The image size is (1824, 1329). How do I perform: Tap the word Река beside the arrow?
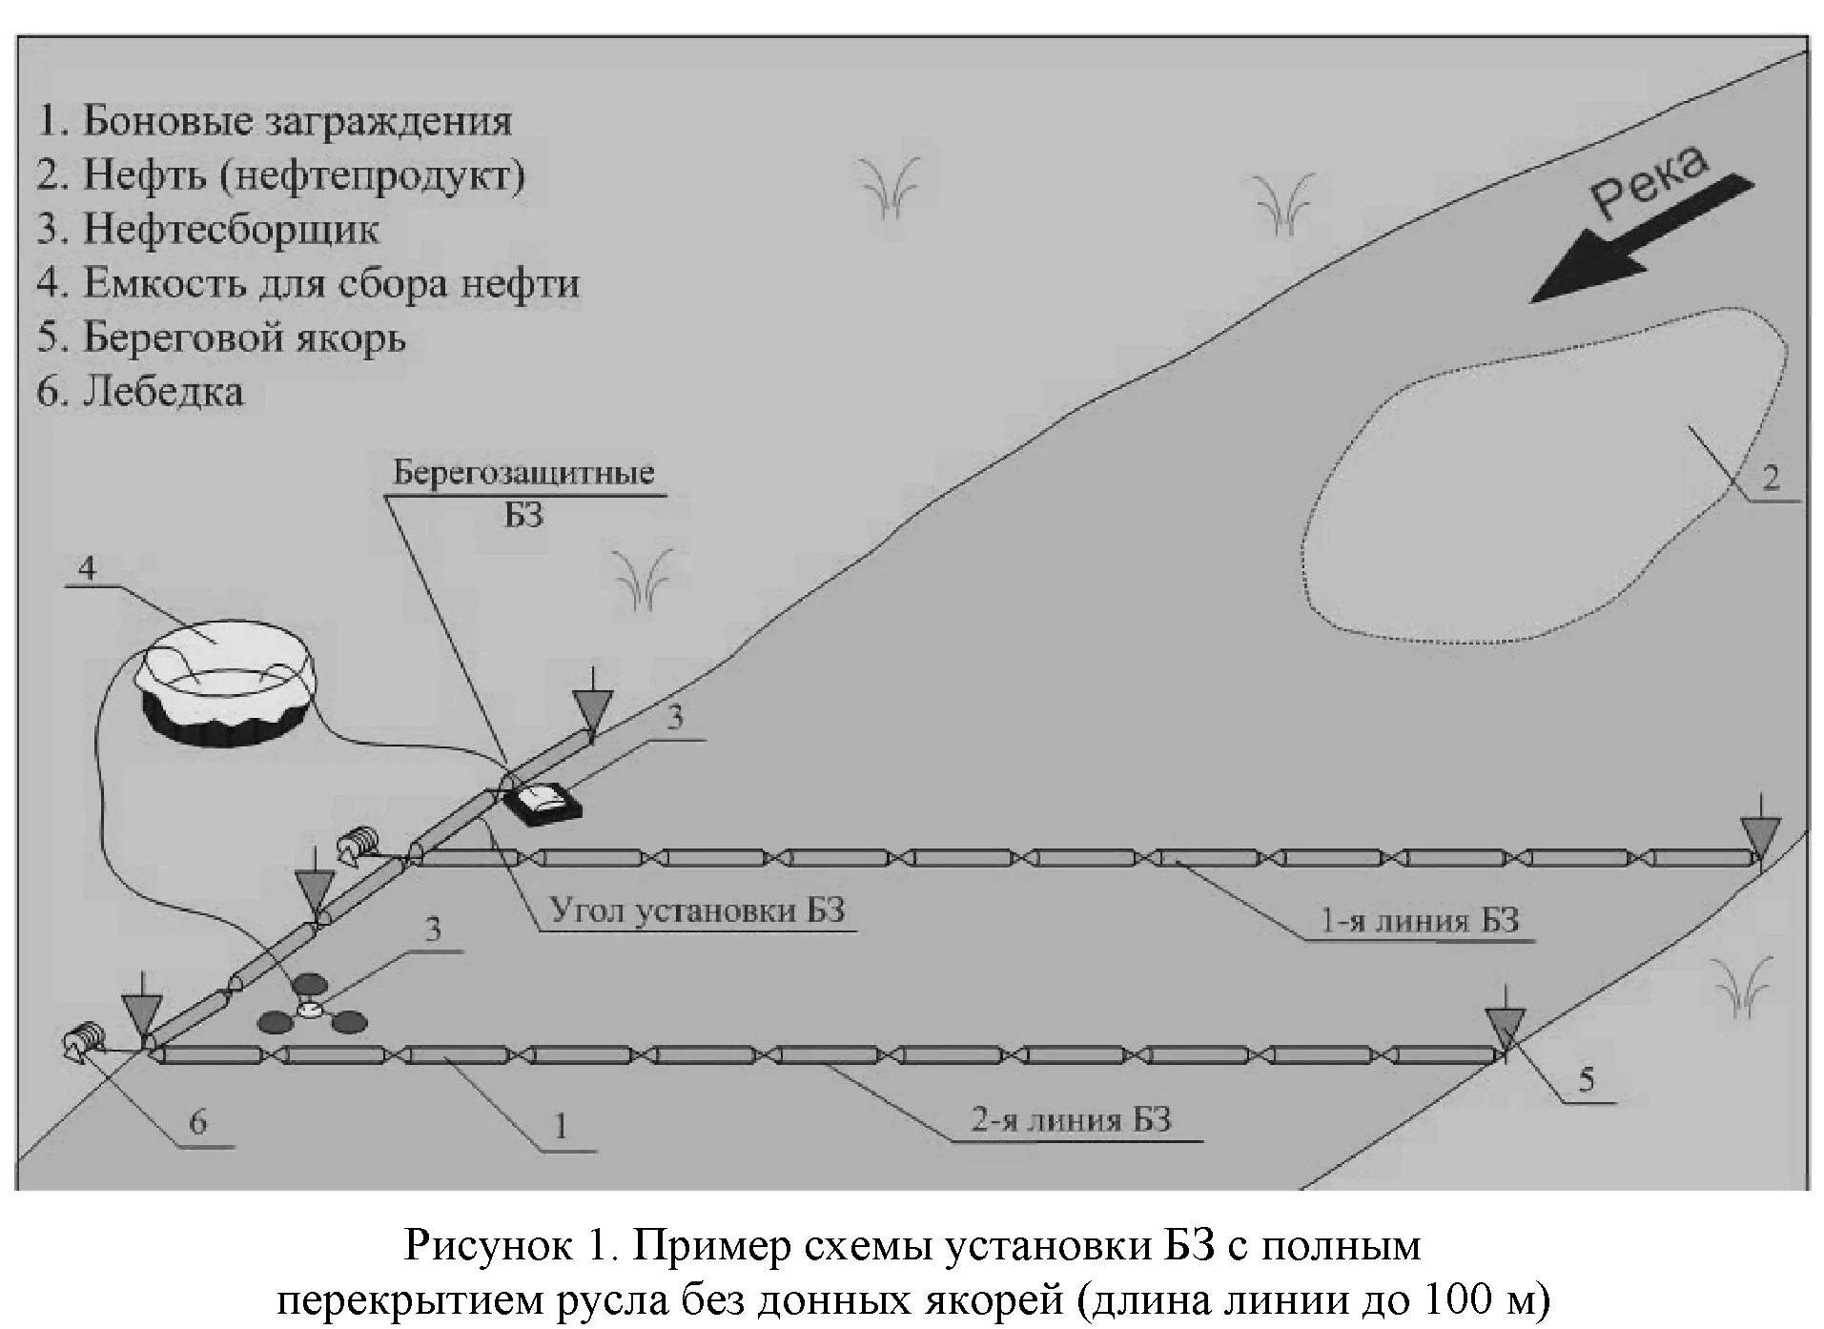click(x=1648, y=183)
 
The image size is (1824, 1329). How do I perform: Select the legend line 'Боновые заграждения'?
click(x=275, y=121)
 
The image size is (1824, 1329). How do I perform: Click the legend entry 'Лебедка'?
click(x=140, y=392)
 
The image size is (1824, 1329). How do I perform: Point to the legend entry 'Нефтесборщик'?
click(x=208, y=229)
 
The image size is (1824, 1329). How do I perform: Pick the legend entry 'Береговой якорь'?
click(x=221, y=337)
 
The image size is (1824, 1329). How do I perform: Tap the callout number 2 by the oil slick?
click(x=1771, y=477)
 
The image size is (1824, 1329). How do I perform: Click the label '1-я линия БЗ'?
click(x=1419, y=921)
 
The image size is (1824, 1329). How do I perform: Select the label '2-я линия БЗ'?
click(x=1071, y=1119)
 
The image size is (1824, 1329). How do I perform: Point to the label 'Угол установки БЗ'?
click(x=698, y=910)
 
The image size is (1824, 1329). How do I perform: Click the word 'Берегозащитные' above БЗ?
click(x=523, y=473)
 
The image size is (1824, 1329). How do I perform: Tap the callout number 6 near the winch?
click(x=197, y=1122)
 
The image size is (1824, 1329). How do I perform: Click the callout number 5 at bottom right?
click(x=1587, y=1080)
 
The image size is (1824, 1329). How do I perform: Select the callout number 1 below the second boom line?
click(x=562, y=1126)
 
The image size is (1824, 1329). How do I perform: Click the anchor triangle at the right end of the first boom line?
click(x=1759, y=836)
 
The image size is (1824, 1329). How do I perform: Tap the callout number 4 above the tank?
click(x=87, y=569)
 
